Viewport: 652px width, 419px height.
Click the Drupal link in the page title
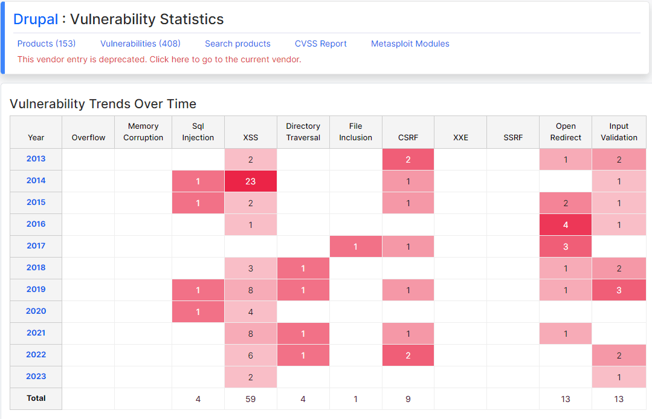tap(36, 19)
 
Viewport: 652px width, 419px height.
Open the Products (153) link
tap(47, 44)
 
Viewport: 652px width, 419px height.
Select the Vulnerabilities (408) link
tap(141, 44)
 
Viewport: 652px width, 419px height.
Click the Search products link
tap(237, 44)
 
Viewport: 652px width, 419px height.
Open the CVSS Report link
tap(321, 44)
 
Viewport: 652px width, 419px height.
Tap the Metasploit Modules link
tap(410, 44)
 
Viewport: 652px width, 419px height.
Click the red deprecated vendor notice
tap(160, 59)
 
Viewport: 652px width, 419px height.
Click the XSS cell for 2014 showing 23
tap(251, 181)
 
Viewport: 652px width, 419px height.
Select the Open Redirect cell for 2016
tap(566, 225)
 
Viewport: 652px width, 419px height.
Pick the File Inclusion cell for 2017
tap(355, 246)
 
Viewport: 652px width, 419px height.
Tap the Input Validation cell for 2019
tap(619, 290)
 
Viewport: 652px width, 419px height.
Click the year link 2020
tap(36, 311)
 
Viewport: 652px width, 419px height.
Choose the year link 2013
tap(36, 158)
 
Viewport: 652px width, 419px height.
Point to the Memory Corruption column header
tap(143, 132)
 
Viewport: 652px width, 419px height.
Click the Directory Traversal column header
tap(303, 132)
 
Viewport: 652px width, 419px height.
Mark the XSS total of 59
tap(251, 399)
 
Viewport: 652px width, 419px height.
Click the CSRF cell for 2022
tap(408, 356)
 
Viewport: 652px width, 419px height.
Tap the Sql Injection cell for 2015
tap(198, 203)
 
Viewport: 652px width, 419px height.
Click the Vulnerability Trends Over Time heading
tap(103, 104)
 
